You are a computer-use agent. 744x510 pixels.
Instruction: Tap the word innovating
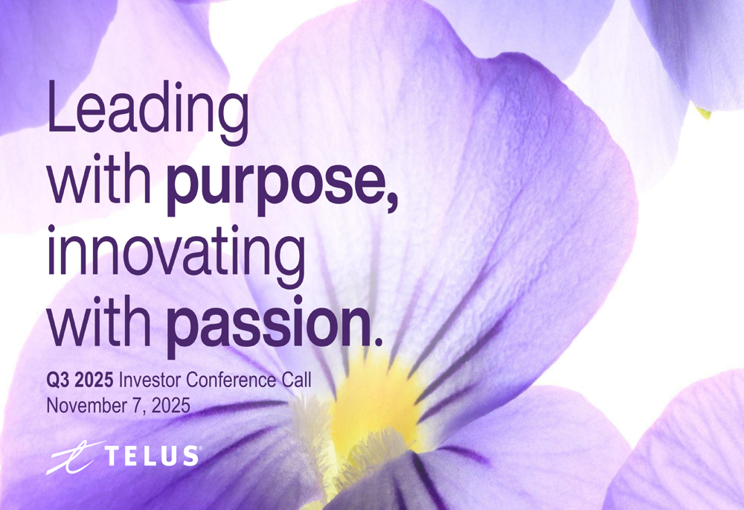click(175, 255)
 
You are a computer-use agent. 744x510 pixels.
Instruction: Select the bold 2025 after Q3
click(94, 381)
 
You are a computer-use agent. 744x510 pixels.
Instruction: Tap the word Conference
click(229, 381)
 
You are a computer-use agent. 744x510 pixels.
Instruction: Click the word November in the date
click(83, 406)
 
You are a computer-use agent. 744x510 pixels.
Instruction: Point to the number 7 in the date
click(131, 406)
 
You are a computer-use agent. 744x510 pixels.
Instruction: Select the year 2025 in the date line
click(167, 406)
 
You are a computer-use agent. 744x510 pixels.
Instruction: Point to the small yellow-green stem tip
click(703, 113)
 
